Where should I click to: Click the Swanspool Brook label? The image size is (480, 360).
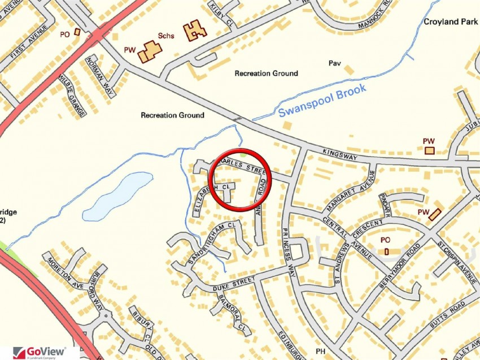322,101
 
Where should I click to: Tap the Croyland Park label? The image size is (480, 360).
450,22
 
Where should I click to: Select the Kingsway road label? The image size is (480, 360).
341,155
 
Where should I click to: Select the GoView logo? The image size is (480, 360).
40,353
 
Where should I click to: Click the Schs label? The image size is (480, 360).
167,37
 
